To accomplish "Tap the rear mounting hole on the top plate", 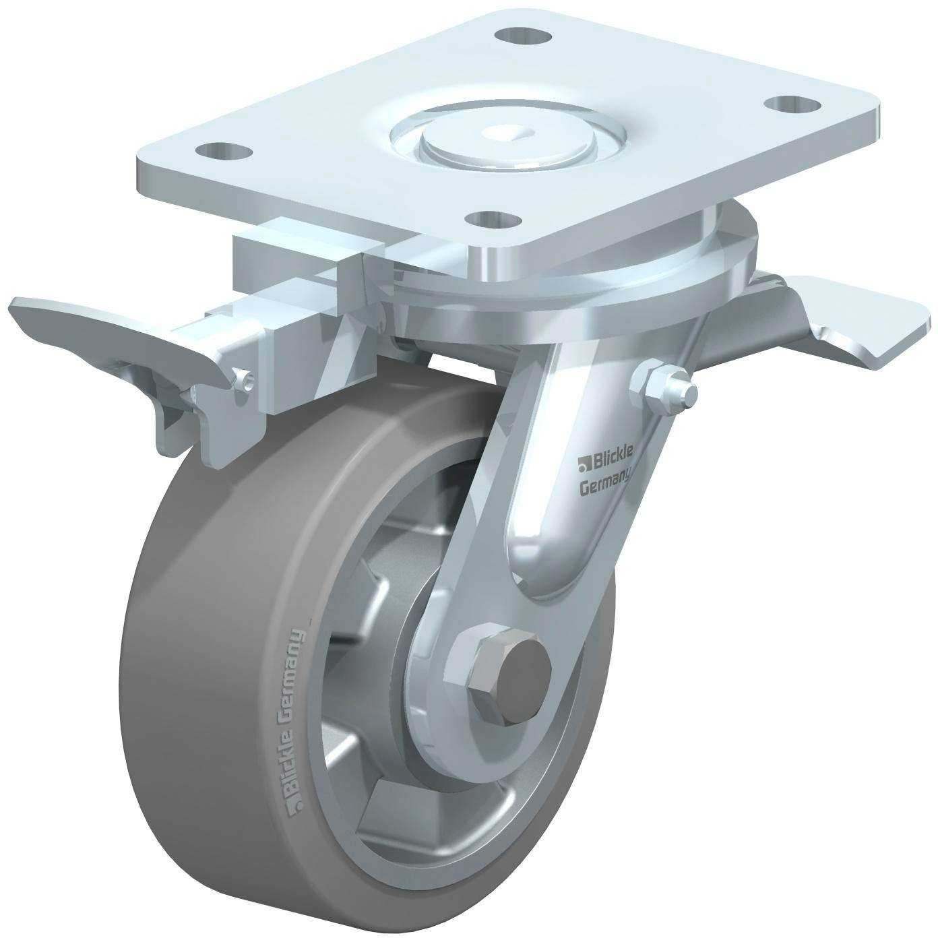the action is click(x=522, y=36).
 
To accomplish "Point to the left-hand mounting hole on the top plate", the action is click(x=224, y=150).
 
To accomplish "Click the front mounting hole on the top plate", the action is click(x=493, y=219).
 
